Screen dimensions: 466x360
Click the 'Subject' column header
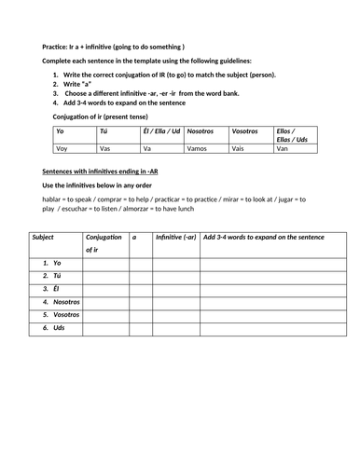pyautogui.click(x=43, y=238)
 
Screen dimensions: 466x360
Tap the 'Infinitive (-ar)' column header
pyautogui.click(x=175, y=238)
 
